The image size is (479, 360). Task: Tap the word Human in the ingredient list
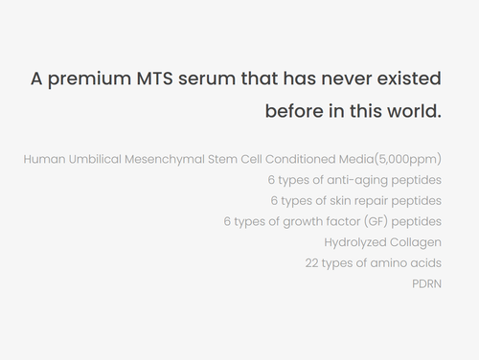pos(42,158)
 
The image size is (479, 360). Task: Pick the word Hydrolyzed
pos(356,242)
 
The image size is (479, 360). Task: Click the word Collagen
pos(417,242)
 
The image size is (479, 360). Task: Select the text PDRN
pos(426,284)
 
